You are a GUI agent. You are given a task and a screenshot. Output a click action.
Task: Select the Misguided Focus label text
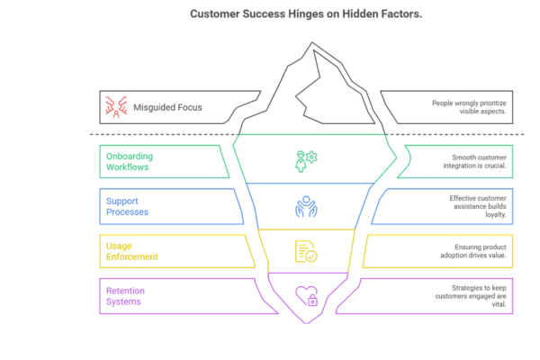[x=167, y=107]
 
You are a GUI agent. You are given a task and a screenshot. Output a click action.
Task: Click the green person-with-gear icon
[x=306, y=160]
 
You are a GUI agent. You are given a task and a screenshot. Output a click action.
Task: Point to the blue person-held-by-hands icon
[x=306, y=207]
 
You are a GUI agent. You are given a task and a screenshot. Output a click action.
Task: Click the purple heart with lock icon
[x=307, y=296]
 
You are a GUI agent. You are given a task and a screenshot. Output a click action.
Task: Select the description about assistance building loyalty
[x=480, y=206]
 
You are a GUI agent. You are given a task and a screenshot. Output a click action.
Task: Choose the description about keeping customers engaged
[x=476, y=296]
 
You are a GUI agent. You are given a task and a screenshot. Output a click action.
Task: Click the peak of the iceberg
[x=316, y=51]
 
